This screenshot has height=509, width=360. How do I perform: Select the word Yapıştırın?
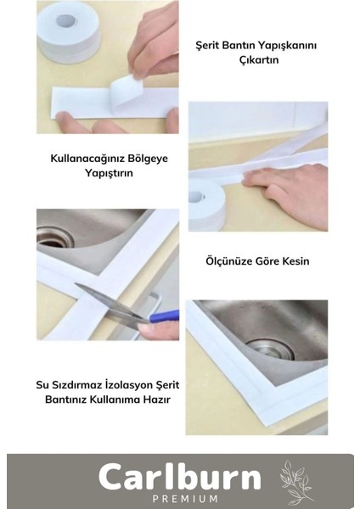pos(108,171)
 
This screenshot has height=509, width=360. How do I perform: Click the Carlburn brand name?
pos(179,477)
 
